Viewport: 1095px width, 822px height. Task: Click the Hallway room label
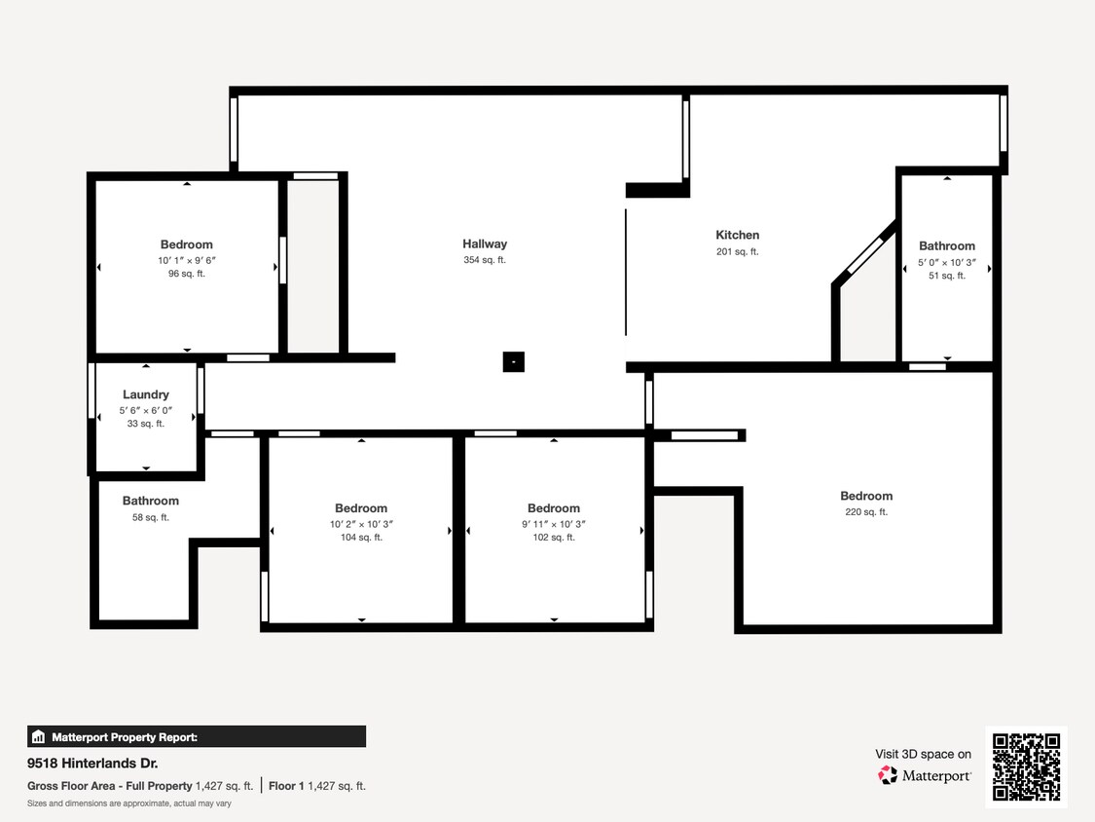point(485,243)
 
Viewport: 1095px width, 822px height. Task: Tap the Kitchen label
point(737,235)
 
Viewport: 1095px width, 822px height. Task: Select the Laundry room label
point(146,394)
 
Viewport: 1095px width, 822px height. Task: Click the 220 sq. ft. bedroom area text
point(866,512)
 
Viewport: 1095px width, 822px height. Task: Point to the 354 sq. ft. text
point(485,260)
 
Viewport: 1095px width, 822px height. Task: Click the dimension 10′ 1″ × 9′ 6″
point(186,260)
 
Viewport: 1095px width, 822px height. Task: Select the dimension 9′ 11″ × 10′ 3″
point(553,524)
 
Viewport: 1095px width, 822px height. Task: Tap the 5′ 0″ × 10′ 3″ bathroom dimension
point(947,262)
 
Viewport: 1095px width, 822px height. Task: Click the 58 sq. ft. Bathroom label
point(150,502)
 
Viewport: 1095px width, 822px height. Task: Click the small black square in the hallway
point(514,361)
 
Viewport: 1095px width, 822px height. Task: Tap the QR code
point(1026,766)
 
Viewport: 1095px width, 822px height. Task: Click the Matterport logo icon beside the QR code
point(888,775)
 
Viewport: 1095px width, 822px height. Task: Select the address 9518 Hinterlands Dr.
point(92,764)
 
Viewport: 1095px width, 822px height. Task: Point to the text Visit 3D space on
point(923,754)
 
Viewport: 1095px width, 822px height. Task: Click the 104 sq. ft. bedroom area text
point(361,538)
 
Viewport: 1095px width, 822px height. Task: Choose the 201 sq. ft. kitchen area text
point(737,251)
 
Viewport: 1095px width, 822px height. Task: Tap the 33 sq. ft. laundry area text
point(146,424)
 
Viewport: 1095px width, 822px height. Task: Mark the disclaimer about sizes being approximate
point(128,803)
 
